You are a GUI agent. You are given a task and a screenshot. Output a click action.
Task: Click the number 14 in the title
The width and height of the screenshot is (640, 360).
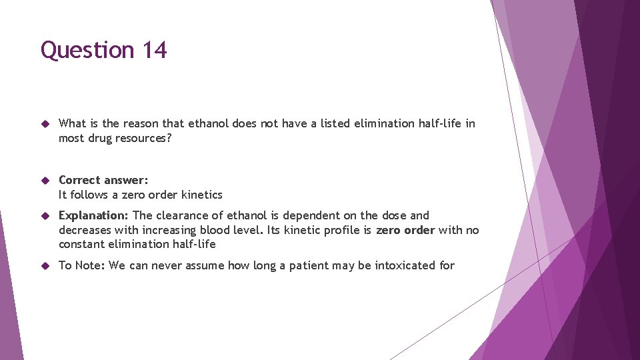coord(154,51)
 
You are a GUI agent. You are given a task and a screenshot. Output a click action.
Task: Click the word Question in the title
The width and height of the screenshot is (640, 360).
coord(87,51)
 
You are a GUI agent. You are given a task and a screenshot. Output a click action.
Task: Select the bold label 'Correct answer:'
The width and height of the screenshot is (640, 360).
coord(103,180)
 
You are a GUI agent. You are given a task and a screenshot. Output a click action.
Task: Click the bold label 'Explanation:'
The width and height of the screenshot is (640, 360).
coord(93,215)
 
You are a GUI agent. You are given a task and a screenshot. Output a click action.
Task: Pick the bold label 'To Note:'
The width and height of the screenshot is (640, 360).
coord(82,265)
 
